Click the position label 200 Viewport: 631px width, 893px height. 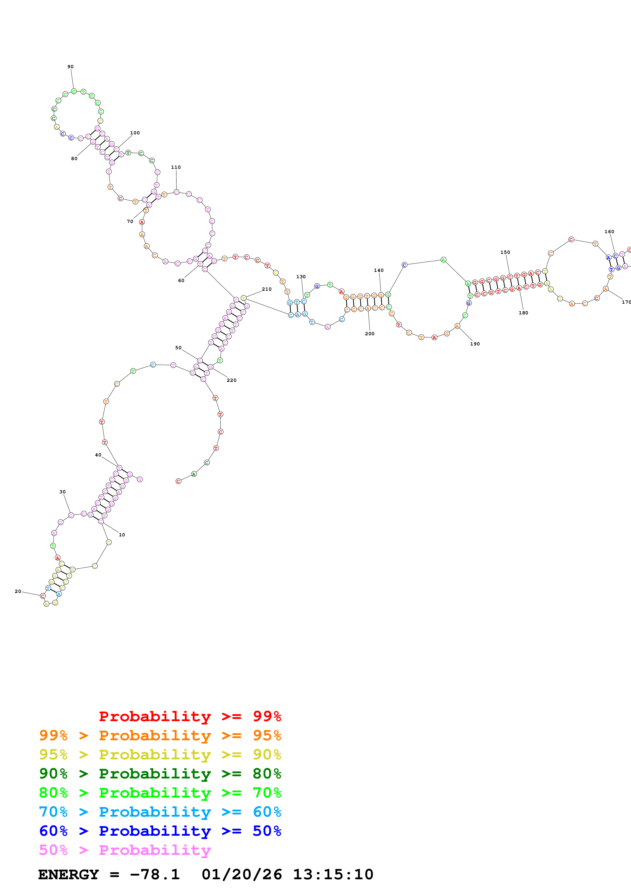[370, 334]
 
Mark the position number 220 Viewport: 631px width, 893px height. [232, 380]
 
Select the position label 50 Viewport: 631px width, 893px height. [178, 348]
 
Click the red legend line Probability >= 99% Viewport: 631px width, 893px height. [190, 716]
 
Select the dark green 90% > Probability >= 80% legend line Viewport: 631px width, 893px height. [160, 774]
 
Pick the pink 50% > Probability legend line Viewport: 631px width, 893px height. [125, 850]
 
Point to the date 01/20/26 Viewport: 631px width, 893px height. [242, 875]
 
